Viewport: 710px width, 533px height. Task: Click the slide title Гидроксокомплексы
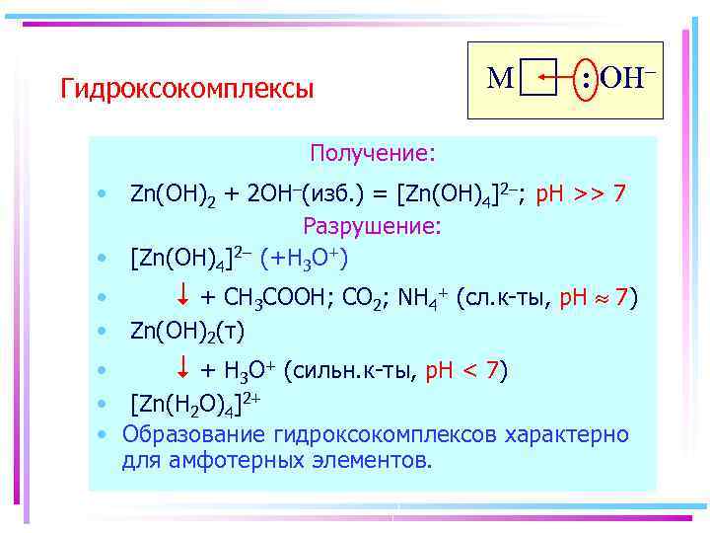coord(186,90)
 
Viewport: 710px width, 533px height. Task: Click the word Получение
coord(372,154)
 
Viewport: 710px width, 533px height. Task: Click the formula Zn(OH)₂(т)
coord(187,329)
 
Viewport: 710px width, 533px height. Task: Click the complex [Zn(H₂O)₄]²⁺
coord(194,404)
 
